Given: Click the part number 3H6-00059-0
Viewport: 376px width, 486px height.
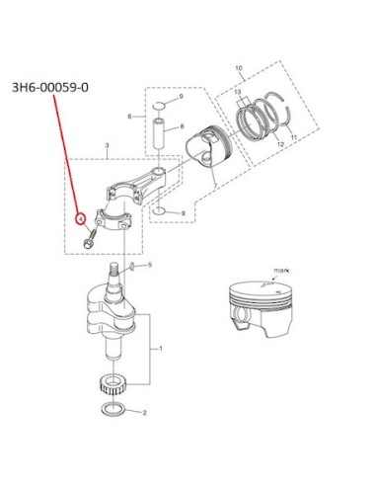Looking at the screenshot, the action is click(50, 88).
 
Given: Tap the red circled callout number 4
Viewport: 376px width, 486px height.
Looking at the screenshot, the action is click(80, 218).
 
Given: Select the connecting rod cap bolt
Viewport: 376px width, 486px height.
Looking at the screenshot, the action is click(89, 239).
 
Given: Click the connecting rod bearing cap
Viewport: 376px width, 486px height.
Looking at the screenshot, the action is click(113, 220).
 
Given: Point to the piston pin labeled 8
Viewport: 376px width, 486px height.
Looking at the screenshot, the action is click(158, 132).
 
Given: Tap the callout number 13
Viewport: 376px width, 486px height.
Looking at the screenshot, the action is click(238, 92).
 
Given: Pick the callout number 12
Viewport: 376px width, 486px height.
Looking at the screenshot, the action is click(280, 144).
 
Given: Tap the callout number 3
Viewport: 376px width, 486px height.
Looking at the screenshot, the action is click(107, 145).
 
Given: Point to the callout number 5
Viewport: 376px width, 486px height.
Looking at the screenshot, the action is click(150, 265).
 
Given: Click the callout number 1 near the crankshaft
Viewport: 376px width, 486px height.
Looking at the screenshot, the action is click(161, 349).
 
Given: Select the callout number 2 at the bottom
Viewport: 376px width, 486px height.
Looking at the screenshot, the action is click(144, 413).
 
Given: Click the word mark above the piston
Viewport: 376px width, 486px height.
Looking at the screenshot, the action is click(282, 271).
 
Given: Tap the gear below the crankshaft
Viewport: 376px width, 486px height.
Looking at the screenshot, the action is click(113, 385).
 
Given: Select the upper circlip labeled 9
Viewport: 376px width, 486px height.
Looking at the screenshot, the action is click(160, 106).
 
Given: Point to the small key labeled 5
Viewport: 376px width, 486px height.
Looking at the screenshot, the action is click(131, 267).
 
